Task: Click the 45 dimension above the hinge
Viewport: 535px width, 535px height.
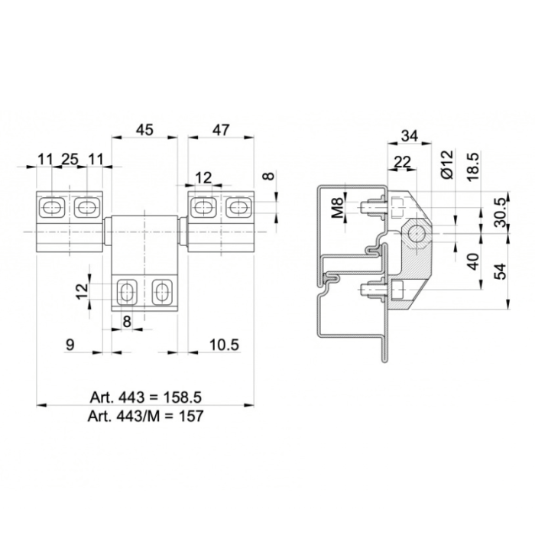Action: pos(144,130)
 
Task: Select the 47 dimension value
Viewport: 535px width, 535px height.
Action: pos(221,130)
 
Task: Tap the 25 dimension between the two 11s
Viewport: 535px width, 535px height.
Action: pos(70,159)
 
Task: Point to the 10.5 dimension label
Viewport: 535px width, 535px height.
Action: pos(224,345)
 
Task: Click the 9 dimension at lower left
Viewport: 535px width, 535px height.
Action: pos(70,345)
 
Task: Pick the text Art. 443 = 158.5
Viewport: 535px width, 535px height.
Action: pos(146,397)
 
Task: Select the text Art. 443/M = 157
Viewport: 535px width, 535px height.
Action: pos(146,416)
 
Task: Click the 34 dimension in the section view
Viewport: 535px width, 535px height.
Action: pos(410,136)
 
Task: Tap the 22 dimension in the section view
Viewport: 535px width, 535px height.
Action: pos(402,161)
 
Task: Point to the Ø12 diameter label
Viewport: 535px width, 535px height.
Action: pos(447,164)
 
